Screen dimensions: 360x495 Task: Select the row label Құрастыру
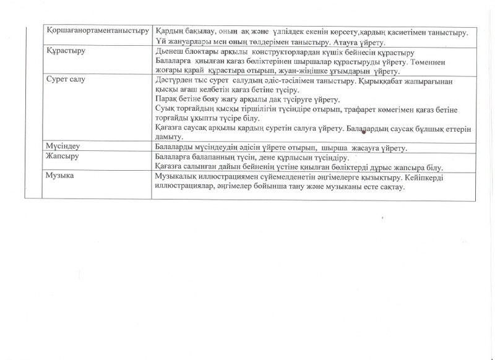coord(66,53)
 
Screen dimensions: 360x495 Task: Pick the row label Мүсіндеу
coord(63,146)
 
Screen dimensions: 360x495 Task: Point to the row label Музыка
coord(61,176)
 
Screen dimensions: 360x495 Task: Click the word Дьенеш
coord(169,53)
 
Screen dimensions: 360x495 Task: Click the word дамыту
coord(169,137)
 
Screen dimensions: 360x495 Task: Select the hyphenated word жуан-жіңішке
coord(306,72)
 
